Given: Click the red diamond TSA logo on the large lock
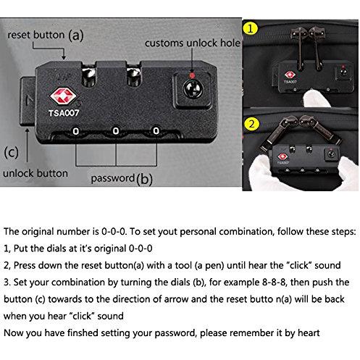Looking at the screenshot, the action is tap(63, 96).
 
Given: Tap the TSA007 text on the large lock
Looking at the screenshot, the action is tap(64, 113).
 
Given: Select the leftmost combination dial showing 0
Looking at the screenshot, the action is tap(76, 131).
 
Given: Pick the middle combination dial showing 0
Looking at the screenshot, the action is tap(116, 131).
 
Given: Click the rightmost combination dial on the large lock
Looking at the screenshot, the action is tap(156, 130).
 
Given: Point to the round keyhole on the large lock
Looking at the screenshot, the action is tap(193, 88).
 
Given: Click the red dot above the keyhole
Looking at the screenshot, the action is tap(192, 75).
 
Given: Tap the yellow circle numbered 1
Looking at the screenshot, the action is tap(251, 29).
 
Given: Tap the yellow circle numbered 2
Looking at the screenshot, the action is tap(251, 124).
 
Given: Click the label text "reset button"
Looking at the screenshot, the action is tap(36, 35).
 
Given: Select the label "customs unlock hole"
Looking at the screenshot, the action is tap(193, 43).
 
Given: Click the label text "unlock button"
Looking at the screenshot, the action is tap(35, 173).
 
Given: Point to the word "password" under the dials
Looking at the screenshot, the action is tap(113, 178).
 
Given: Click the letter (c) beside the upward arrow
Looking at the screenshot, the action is tap(11, 152).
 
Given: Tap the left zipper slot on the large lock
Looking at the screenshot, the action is tap(89, 75).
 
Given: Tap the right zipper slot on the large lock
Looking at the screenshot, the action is tap(133, 75).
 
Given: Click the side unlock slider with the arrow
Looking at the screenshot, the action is tap(28, 101).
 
